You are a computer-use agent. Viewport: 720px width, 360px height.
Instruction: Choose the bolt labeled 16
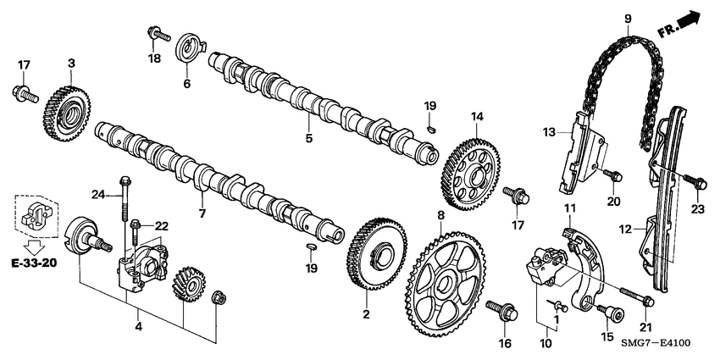click(x=505, y=312)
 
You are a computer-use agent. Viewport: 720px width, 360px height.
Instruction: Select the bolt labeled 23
click(x=691, y=180)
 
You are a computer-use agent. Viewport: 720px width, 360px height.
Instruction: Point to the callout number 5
click(x=309, y=138)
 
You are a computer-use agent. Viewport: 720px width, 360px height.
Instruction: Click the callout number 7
click(x=202, y=213)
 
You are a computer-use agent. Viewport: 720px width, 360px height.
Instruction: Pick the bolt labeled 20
click(x=612, y=175)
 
